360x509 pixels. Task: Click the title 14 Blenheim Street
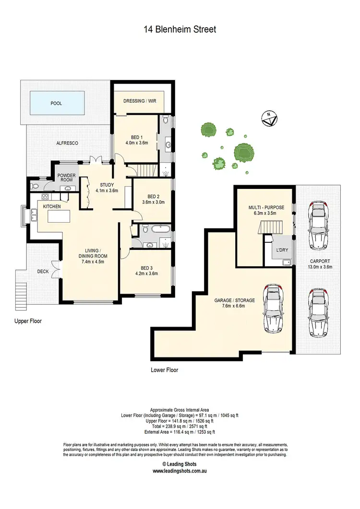[x=180, y=30]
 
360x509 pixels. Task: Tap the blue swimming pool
[x=57, y=103]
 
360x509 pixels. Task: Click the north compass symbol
[x=268, y=118]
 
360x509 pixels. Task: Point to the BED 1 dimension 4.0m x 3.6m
[x=136, y=142]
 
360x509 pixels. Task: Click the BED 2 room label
[x=153, y=196]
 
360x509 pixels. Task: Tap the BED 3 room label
[x=146, y=268]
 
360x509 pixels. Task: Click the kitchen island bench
[x=60, y=214]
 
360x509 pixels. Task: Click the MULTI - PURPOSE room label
[x=266, y=207]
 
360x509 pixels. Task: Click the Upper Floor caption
[x=28, y=321]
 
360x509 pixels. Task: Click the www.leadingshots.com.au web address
[x=180, y=471]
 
